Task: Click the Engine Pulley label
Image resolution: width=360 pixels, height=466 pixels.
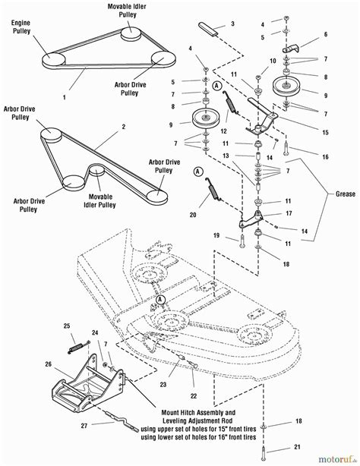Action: pos(20,29)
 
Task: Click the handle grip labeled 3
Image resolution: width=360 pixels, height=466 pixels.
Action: pos(210,30)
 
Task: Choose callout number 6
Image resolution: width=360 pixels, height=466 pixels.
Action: pos(324,35)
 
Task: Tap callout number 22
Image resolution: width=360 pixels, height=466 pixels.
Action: pos(194,395)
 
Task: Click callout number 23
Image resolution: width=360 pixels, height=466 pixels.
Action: pos(163,385)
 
